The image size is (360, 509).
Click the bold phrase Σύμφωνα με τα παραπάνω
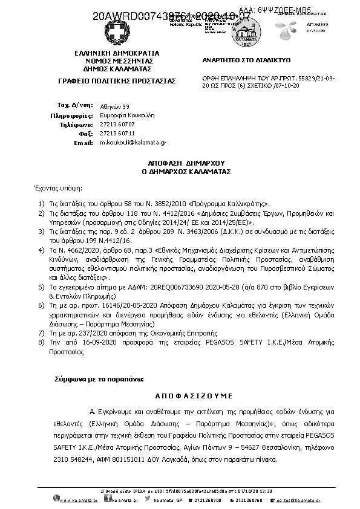(x=99, y=378)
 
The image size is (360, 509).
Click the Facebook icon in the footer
(x=107, y=499)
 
